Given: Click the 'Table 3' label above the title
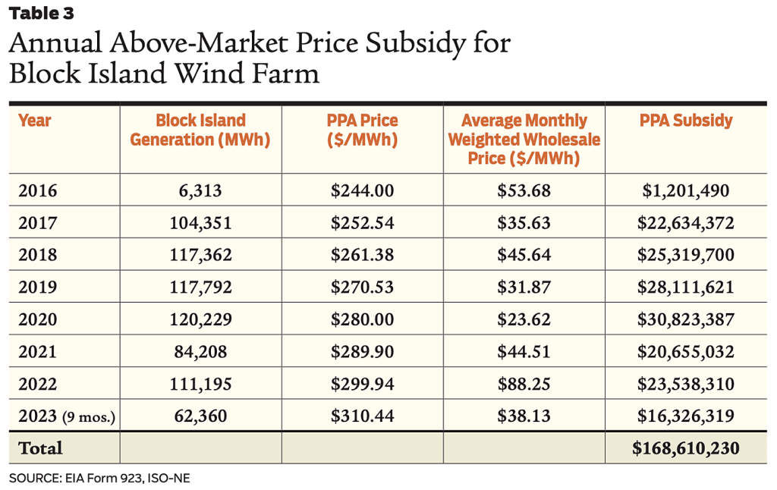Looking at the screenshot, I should tap(42, 13).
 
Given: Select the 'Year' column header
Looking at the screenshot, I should tap(35, 121).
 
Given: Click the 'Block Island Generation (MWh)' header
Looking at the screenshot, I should tap(200, 130).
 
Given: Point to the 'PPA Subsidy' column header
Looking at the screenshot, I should tap(686, 121).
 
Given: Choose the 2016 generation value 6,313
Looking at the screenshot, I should tap(200, 190).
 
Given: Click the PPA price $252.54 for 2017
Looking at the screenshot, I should tap(363, 222).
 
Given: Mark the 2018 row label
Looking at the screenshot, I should tap(38, 255).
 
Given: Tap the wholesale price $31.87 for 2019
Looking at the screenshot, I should tap(524, 287).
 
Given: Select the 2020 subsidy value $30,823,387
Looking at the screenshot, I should tap(686, 319).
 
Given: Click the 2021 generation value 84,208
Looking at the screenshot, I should tap(200, 351).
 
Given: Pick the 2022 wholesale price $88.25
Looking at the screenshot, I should tap(524, 384).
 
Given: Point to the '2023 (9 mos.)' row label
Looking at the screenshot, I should tap(67, 416).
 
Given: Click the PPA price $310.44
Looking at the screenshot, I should tap(363, 416).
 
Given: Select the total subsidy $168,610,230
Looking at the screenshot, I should tap(686, 448).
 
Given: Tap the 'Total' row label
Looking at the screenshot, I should tap(41, 448).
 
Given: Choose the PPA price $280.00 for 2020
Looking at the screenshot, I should tap(363, 319).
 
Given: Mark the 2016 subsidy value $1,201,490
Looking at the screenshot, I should tap(686, 190).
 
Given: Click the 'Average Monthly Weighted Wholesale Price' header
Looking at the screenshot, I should tap(524, 140).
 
